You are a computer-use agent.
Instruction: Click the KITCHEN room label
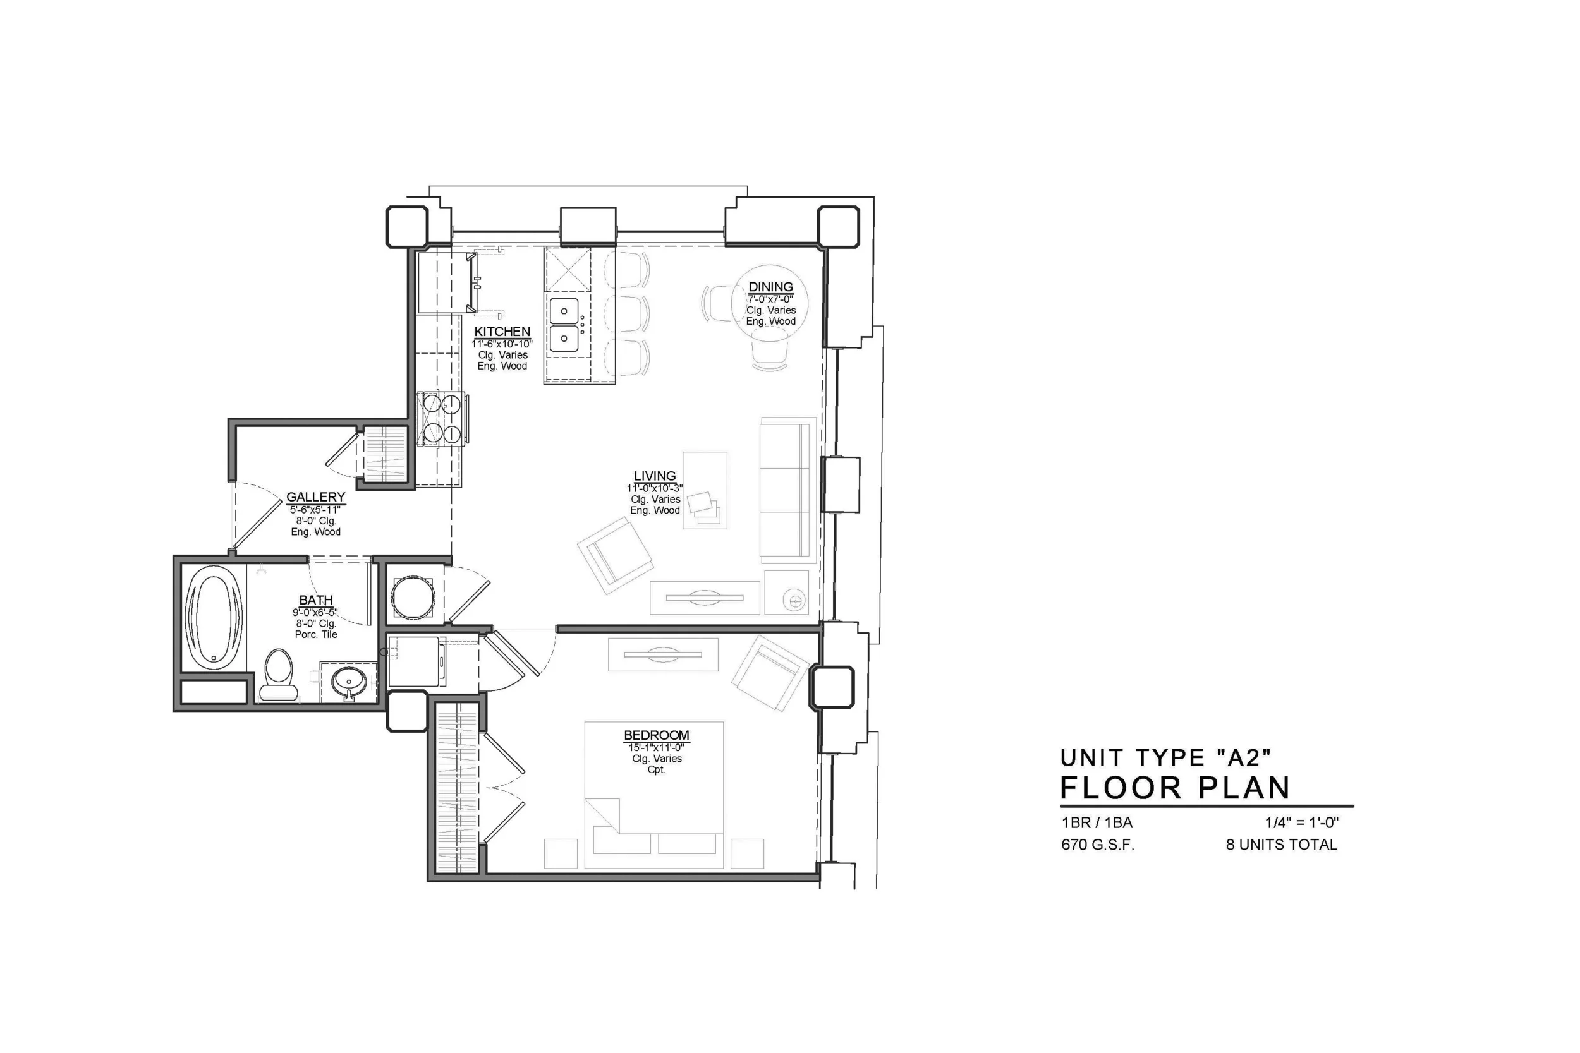[x=502, y=332]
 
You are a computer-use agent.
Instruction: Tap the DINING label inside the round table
[x=770, y=287]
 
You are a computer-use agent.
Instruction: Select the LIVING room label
[x=654, y=476]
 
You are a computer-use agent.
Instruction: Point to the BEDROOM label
[x=656, y=735]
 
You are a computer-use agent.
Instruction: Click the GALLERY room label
[x=316, y=497]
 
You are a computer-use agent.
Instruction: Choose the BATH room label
[x=316, y=600]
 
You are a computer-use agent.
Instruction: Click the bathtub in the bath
[x=214, y=617]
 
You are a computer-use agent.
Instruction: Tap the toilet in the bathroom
[x=278, y=674]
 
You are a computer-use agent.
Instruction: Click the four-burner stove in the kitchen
[x=440, y=418]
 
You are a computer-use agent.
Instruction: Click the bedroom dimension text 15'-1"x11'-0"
[x=656, y=747]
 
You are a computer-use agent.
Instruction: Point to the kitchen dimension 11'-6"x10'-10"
[x=502, y=344]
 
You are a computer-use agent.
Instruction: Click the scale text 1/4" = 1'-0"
[x=1301, y=822]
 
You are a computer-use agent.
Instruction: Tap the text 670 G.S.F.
[x=1097, y=845]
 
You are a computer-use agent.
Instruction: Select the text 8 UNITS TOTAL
[x=1281, y=845]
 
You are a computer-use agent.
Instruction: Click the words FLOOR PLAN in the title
[x=1175, y=788]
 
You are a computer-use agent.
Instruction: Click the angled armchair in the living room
[x=615, y=555]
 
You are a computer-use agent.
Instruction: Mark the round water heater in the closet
[x=413, y=597]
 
